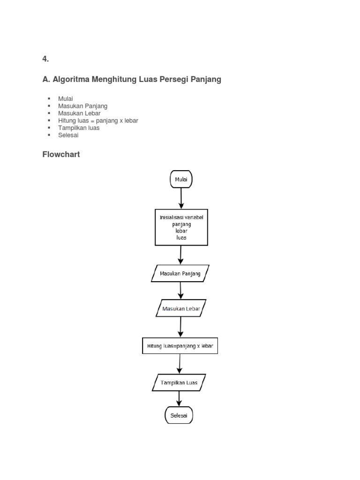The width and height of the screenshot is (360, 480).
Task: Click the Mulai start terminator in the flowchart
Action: point(180,179)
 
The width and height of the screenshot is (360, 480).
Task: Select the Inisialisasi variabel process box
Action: point(181,227)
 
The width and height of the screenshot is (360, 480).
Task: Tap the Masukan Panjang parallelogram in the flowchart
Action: point(180,273)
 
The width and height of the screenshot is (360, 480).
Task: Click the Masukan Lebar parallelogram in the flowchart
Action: point(180,308)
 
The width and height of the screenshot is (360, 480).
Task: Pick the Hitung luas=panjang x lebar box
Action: point(180,346)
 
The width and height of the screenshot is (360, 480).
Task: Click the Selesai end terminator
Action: point(179,415)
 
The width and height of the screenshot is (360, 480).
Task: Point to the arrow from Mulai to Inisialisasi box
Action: point(181,198)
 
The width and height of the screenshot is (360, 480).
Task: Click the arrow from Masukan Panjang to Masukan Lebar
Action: point(180,291)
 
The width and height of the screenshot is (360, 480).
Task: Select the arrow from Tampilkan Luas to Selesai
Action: point(179,398)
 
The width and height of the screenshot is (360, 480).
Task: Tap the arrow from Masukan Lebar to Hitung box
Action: point(180,327)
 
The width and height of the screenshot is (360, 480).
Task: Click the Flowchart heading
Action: point(61,154)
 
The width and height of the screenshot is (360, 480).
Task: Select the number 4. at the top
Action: point(45,59)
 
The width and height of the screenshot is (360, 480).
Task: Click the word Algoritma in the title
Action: point(72,80)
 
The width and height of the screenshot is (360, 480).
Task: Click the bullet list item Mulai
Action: point(66,99)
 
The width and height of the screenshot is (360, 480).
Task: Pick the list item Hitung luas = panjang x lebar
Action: point(98,120)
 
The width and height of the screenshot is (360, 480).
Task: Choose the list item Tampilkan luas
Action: point(79,128)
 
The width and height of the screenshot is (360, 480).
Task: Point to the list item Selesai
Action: point(68,135)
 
